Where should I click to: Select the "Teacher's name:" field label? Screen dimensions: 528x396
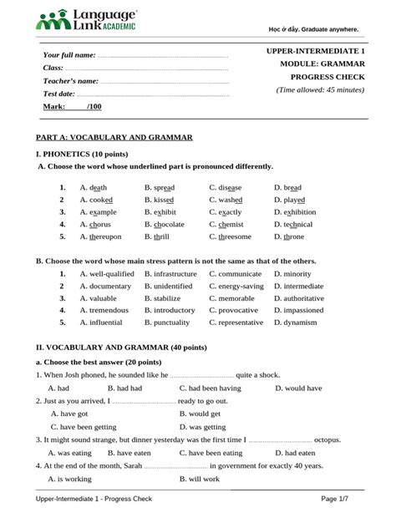pos(71,81)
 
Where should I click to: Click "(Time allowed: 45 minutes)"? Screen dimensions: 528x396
pos(320,89)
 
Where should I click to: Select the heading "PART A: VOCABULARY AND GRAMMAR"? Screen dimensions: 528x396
pos(114,136)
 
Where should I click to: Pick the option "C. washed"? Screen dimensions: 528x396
pos(226,201)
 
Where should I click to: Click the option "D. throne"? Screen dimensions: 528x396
pos(289,237)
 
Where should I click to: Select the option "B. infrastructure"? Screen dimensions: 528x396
pos(170,274)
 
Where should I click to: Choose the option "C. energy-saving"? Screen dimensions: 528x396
pos(236,287)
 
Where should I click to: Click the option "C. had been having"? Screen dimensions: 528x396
pos(210,388)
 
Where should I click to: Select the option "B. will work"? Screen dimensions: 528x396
pos(200,480)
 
